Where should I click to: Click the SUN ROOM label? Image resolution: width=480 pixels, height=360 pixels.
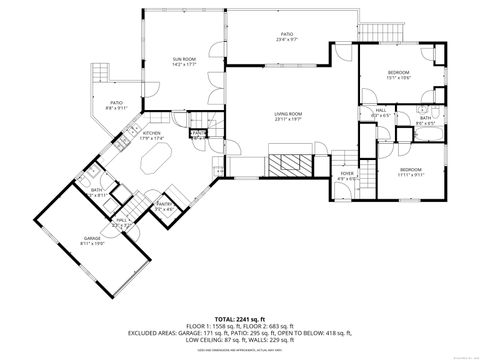[184, 59]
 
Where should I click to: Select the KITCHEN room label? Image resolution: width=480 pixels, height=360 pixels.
[151, 132]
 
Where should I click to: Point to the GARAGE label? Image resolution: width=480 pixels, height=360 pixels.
[92, 238]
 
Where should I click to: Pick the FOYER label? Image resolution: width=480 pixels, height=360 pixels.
[347, 173]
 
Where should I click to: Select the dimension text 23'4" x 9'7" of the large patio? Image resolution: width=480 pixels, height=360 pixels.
[288, 39]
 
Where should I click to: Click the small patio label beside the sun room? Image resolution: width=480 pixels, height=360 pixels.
[116, 103]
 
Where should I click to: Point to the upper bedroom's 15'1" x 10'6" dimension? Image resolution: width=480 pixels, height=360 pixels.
[399, 77]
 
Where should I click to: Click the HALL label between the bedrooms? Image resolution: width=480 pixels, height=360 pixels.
[381, 112]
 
